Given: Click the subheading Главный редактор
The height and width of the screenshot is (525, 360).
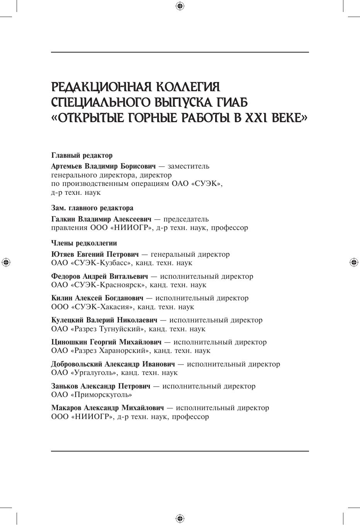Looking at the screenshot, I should pyautogui.click(x=82, y=155).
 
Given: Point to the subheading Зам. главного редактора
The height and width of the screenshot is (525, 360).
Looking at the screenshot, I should pyautogui.click(x=92, y=208).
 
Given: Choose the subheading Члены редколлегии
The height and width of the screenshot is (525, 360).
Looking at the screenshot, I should pyautogui.click(x=84, y=243).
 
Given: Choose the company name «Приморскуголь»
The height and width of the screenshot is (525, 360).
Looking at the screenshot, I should pyautogui.click(x=101, y=395).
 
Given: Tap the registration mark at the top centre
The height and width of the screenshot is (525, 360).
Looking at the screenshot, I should pyautogui.click(x=180, y=6).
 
